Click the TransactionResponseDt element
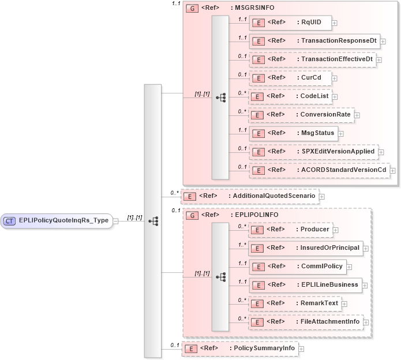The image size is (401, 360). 314,41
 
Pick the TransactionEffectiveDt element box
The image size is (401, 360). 312,59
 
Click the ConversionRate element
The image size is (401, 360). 301,115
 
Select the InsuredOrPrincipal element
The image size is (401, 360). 305,248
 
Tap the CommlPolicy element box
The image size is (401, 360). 297,267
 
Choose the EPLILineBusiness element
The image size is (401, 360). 305,285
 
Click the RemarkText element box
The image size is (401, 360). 294,303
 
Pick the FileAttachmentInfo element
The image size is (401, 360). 305,322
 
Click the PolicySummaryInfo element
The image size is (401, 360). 239,348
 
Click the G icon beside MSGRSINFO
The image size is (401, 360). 190,9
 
